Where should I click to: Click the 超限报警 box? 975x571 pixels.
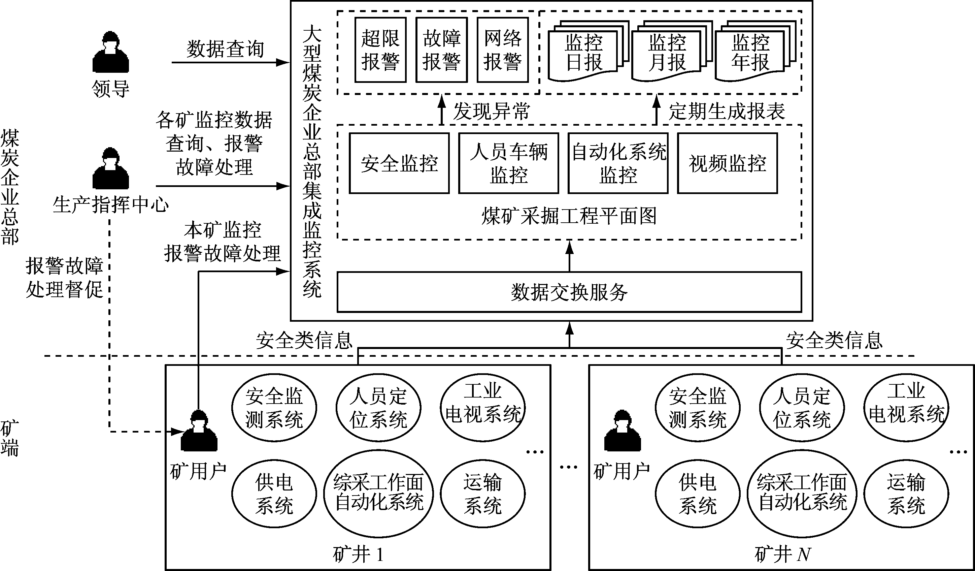[380, 50]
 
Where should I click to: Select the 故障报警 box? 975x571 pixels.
[441, 50]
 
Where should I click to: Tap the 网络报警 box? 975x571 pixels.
[503, 50]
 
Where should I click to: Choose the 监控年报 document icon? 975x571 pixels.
[750, 53]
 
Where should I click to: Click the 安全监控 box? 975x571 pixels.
[399, 163]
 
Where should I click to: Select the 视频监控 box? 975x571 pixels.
[728, 163]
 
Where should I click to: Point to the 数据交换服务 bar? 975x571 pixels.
[569, 292]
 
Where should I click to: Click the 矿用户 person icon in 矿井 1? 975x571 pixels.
[199, 431]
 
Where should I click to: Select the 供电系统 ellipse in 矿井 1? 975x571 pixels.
[274, 494]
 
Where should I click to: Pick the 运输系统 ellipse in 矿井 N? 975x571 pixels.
[906, 494]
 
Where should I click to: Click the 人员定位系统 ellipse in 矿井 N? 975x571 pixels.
[802, 408]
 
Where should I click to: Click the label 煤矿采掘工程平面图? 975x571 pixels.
[569, 216]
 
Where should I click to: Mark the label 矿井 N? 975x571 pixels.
[782, 555]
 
